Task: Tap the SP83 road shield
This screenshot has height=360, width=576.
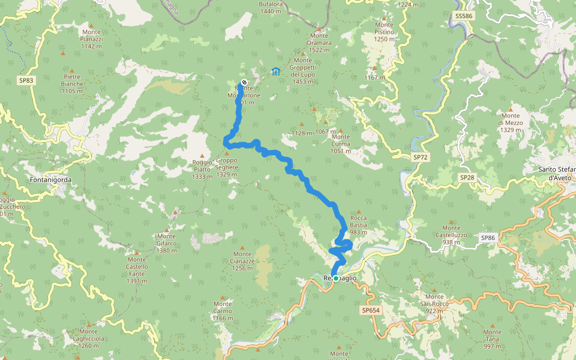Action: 25,80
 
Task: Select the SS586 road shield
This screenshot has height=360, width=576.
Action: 464,16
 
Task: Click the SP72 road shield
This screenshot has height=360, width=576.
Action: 421,157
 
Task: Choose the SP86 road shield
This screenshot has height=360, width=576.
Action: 488,238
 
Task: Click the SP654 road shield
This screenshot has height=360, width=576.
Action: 371,310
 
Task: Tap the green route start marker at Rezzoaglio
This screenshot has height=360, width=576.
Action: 336,278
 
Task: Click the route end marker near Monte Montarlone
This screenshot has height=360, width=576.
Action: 244,83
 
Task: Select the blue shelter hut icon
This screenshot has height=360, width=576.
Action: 275,72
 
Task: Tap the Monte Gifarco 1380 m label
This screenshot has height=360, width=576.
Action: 166,240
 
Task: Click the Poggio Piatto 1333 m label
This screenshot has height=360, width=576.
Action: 202,170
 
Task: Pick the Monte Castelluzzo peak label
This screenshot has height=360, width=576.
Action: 451,232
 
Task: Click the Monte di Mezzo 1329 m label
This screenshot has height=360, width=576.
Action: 511,122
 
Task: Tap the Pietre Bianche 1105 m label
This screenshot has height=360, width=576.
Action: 71,83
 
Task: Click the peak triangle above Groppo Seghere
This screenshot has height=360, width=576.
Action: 227,154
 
